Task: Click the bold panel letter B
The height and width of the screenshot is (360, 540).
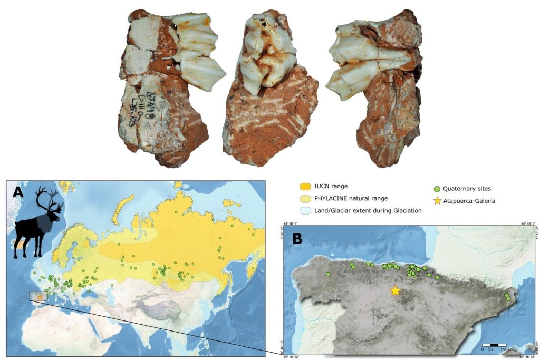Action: click(x=297, y=239)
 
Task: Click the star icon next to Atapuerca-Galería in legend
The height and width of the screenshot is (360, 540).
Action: click(x=436, y=200)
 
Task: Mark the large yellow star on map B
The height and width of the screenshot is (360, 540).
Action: click(x=395, y=290)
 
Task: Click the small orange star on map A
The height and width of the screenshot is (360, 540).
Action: click(x=40, y=297)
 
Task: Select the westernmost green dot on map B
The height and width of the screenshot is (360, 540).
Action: click(x=328, y=274)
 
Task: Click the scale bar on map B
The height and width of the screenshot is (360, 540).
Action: click(x=494, y=345)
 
